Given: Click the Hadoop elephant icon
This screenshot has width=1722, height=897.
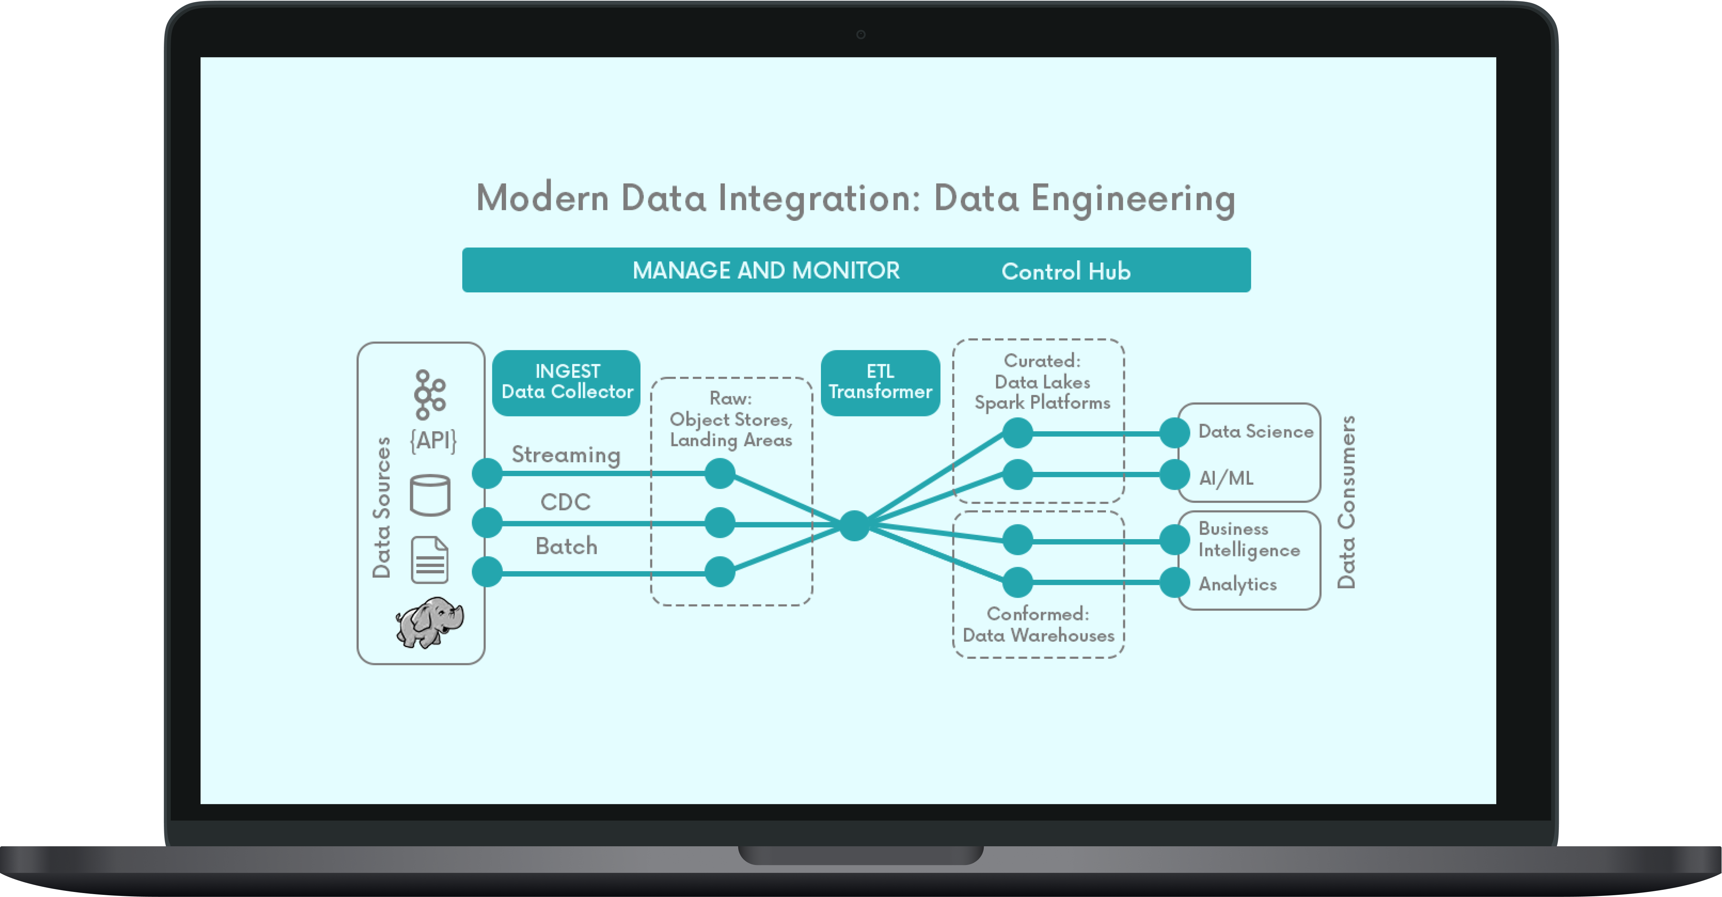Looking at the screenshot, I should click(x=430, y=622).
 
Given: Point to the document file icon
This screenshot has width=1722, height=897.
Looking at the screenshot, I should click(x=429, y=560).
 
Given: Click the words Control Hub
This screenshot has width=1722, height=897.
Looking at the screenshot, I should click(x=1066, y=272).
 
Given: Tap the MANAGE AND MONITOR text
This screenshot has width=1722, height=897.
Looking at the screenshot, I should click(x=766, y=270).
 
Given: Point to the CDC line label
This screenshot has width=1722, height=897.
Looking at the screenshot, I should click(x=565, y=502).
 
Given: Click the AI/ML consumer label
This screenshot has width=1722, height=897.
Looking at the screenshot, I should click(x=1226, y=478).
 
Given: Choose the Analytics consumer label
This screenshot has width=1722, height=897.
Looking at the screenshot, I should click(x=1237, y=584).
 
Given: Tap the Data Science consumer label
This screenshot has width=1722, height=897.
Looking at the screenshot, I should click(x=1255, y=432).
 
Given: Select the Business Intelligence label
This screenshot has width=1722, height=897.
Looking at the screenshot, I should click(x=1249, y=539).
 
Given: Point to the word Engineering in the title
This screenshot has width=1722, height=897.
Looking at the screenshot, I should click(x=1133, y=199).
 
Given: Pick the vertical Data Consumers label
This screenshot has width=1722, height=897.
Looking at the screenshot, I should click(x=1346, y=502).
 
